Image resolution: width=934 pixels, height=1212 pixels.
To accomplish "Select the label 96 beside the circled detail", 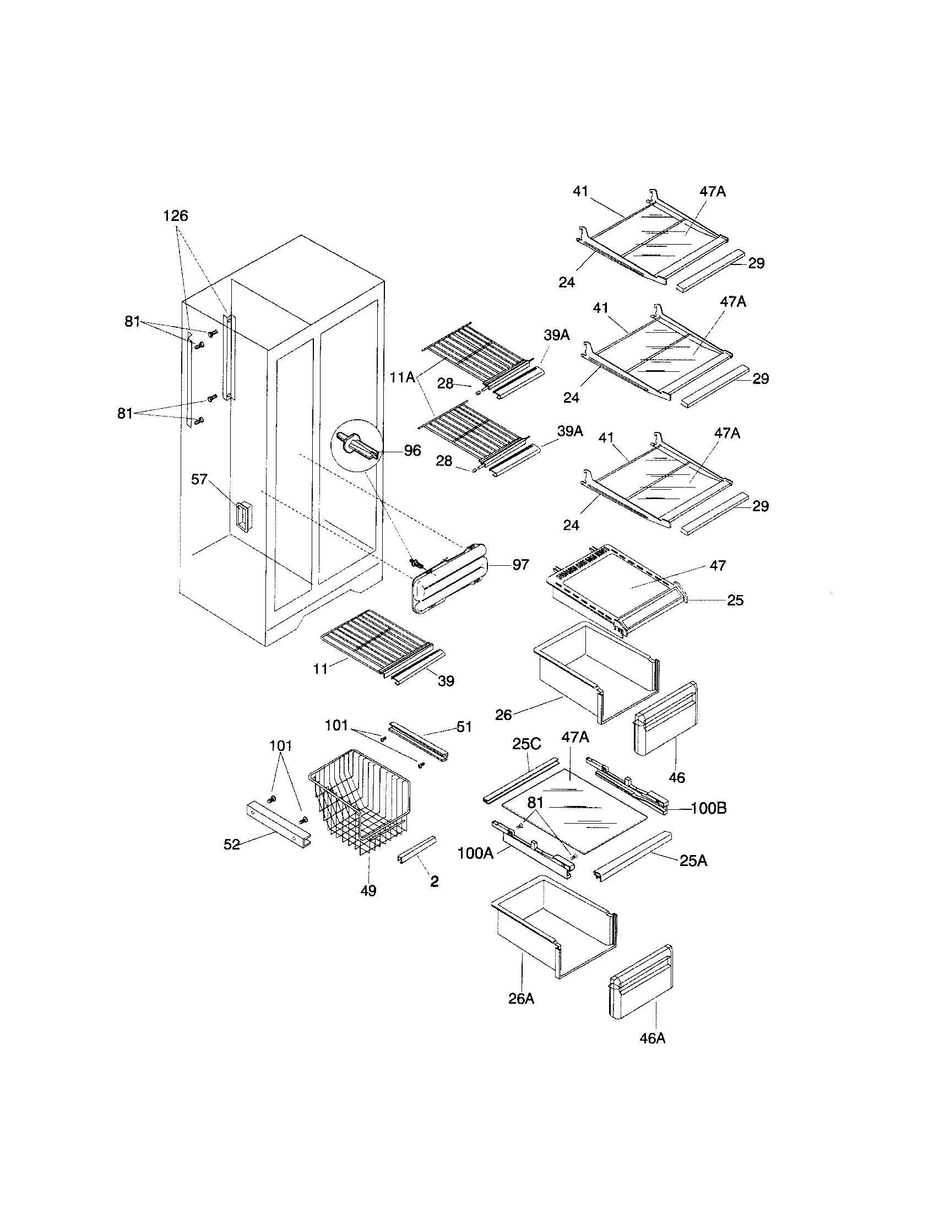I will tap(412, 450).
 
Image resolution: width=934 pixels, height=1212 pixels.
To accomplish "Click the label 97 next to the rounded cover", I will tap(520, 565).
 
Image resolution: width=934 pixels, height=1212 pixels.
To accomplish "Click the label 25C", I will tap(526, 744).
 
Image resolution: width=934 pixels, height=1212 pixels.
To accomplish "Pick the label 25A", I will tap(693, 861).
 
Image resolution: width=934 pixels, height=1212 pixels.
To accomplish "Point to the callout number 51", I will tap(464, 727).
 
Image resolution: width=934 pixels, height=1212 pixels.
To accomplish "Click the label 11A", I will tap(403, 378).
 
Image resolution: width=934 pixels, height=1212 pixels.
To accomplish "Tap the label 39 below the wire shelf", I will tap(446, 681).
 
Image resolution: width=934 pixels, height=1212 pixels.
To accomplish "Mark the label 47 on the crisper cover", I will tap(718, 565).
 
